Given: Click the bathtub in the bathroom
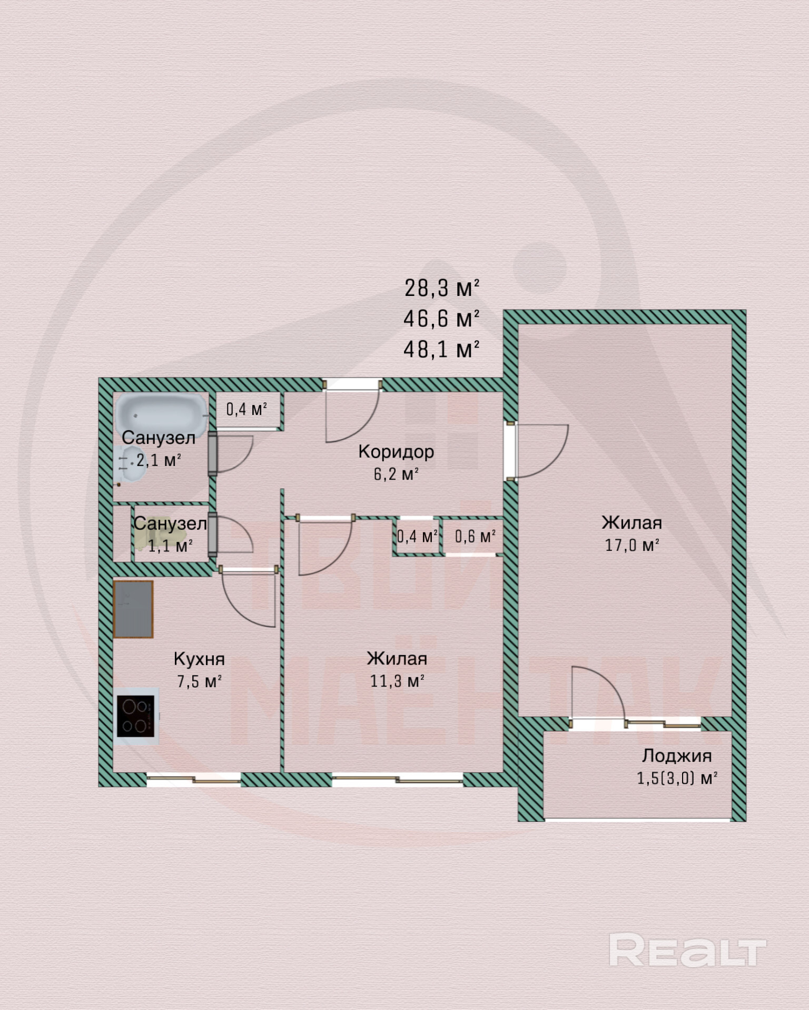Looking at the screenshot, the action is point(161,413).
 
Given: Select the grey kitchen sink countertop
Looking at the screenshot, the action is point(133,609).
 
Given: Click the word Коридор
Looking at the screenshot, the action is point(396,452).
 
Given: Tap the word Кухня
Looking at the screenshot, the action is point(199,659).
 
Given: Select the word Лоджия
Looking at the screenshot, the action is point(677,756).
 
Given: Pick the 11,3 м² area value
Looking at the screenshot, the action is point(397,681).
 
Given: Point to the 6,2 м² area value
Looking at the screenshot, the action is point(396,474).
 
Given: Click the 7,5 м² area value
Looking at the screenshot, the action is point(199,682).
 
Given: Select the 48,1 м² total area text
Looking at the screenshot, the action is point(441,349).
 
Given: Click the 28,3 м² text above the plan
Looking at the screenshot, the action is point(441,288).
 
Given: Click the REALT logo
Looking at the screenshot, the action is point(687,950).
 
